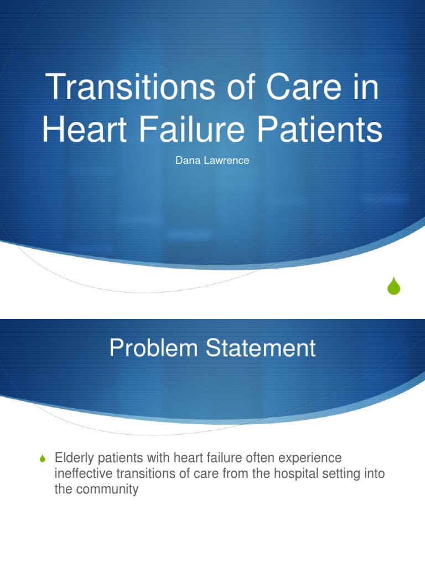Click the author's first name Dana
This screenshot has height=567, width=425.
(186, 161)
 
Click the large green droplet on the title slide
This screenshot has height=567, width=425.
(393, 286)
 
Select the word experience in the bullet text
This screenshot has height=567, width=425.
(313, 458)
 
